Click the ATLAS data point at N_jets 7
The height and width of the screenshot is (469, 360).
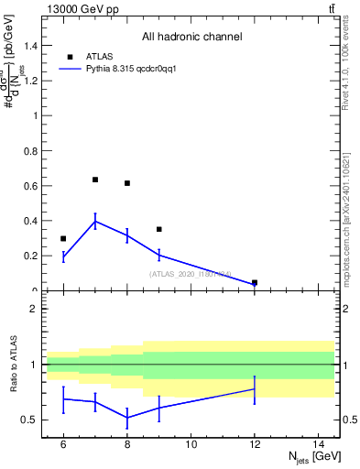coord(95,180)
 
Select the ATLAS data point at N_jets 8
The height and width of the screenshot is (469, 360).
coord(127,183)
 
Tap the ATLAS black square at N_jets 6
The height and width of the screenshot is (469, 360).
coord(63,238)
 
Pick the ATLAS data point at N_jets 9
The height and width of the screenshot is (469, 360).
coord(159,229)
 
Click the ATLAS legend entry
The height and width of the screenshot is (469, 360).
coord(99,56)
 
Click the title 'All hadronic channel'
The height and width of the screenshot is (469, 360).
coord(191,37)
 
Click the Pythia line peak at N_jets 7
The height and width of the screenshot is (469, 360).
coord(95,221)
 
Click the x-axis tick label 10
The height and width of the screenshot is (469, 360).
coord(191,444)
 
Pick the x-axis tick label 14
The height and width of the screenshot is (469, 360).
coord(320,444)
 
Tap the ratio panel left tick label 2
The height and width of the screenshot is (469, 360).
coord(35,309)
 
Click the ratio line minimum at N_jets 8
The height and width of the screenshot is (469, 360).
coord(127,417)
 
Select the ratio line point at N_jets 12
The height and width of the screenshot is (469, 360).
coord(255,389)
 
